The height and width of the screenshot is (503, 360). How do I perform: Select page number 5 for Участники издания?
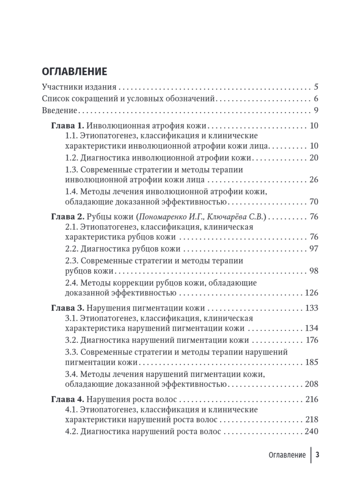pyautogui.click(x=316, y=88)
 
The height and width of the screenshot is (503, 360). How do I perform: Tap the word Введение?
pyautogui.click(x=60, y=111)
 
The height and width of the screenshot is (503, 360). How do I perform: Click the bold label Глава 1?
pyautogui.click(x=68, y=126)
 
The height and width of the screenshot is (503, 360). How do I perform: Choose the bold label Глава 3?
pyautogui.click(x=68, y=308)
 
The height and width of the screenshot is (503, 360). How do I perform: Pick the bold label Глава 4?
pyautogui.click(x=68, y=399)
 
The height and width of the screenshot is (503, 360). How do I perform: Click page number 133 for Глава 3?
pyautogui.click(x=312, y=308)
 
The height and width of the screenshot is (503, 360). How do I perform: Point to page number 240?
pyautogui.click(x=312, y=431)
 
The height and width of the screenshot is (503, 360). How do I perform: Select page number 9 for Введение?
pyautogui.click(x=316, y=111)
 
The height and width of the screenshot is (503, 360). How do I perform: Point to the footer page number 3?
pyautogui.click(x=318, y=455)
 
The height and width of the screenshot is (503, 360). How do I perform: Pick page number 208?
pyautogui.click(x=312, y=384)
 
